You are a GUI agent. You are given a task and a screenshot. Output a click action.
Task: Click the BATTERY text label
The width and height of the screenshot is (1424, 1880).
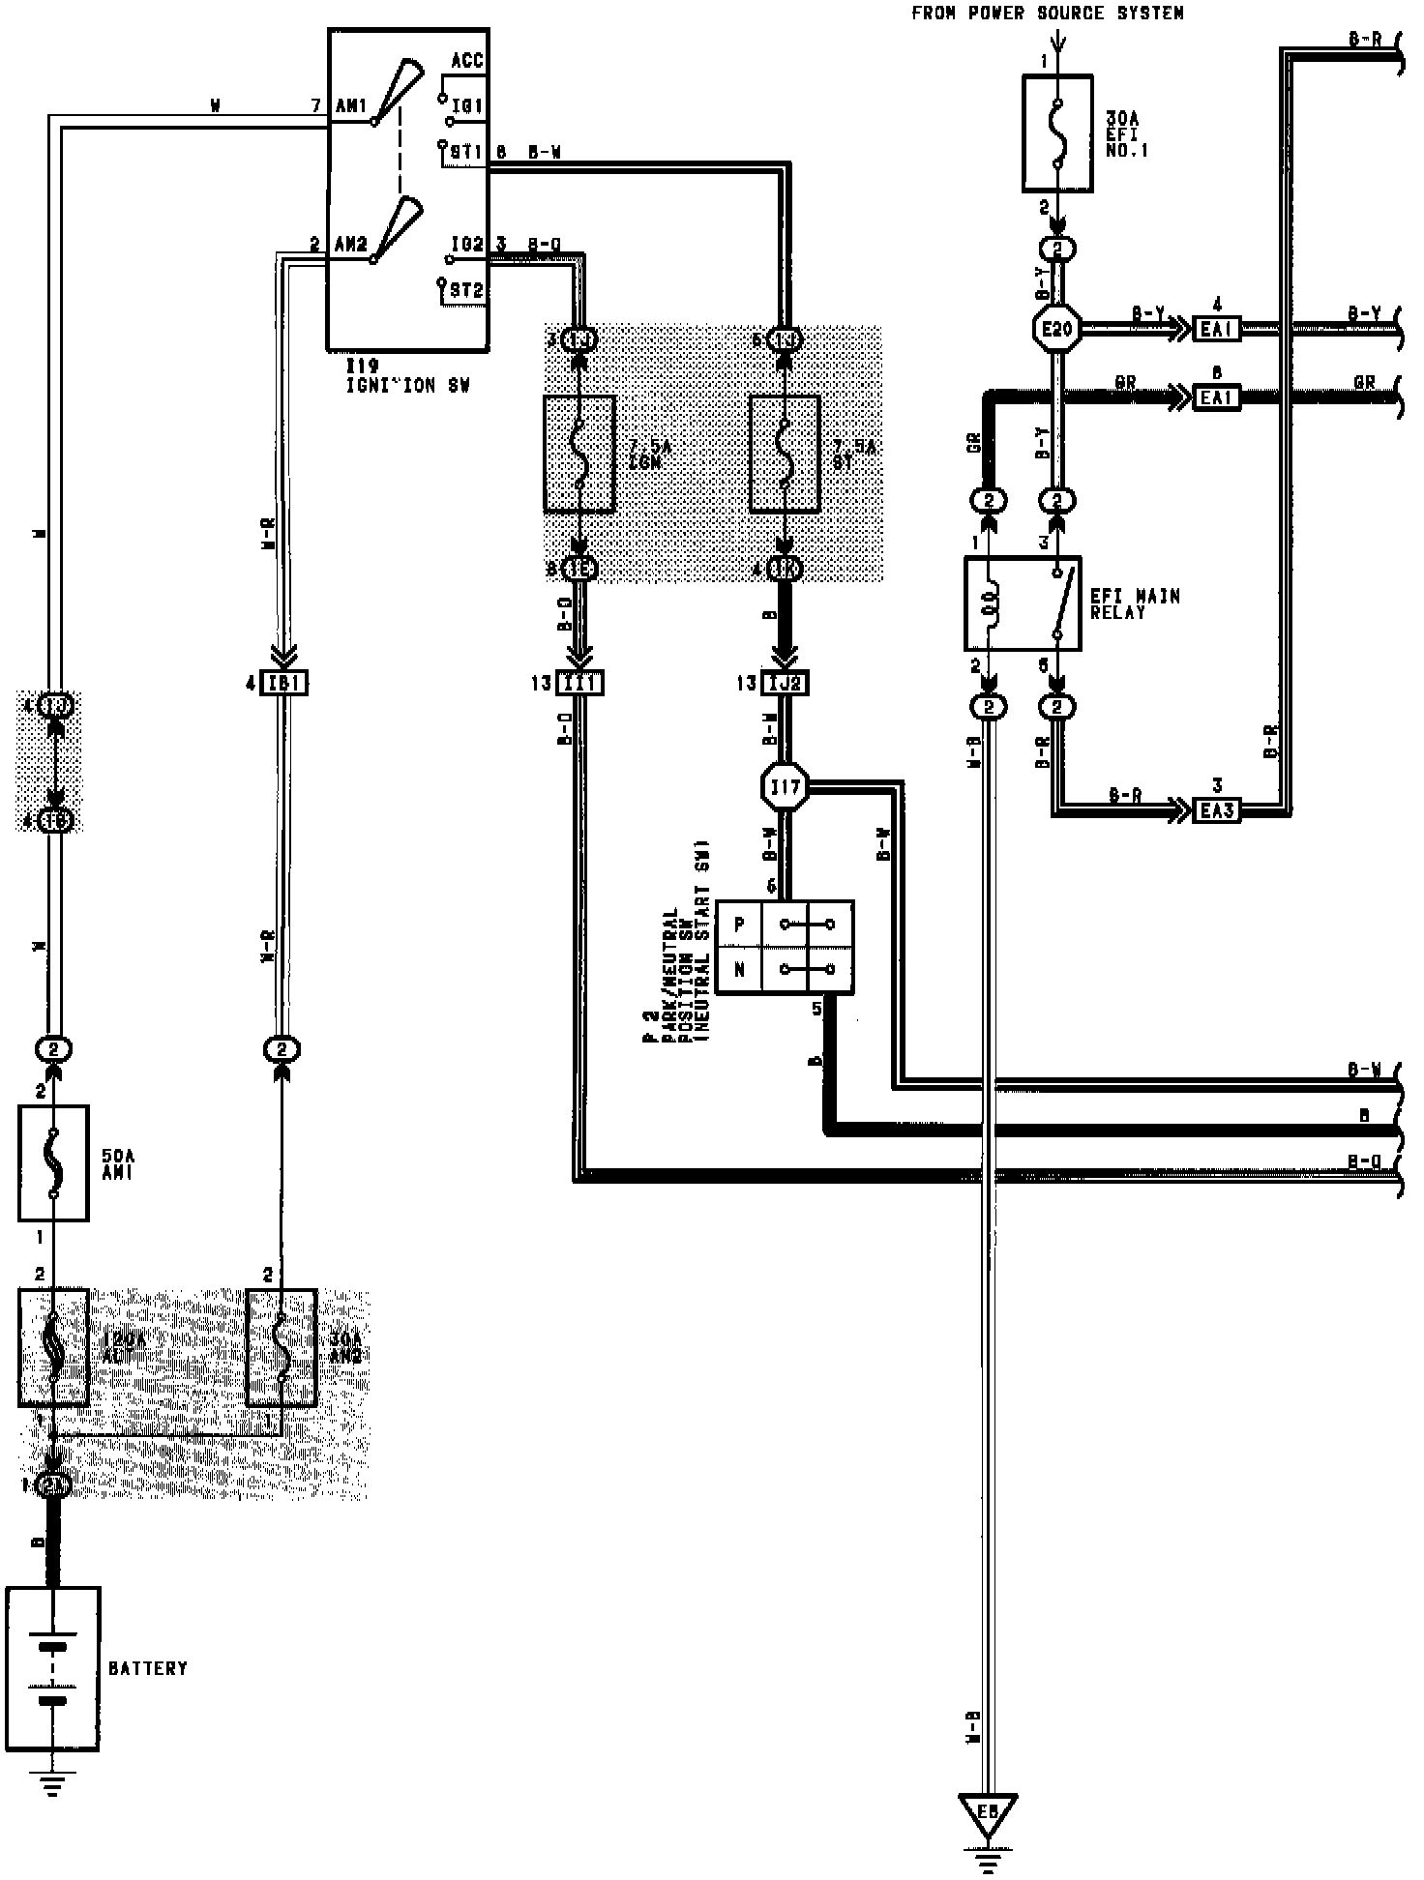tap(147, 1668)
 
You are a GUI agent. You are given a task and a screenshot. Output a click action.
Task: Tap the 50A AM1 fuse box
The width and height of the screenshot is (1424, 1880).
tap(53, 1163)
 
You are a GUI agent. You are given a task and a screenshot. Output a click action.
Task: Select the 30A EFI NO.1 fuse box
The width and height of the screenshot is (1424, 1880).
tap(1057, 133)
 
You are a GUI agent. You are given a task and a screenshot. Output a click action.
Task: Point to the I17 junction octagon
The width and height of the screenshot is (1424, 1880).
tap(786, 788)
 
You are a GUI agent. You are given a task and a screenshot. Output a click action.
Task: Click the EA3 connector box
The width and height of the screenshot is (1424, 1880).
tap(1217, 809)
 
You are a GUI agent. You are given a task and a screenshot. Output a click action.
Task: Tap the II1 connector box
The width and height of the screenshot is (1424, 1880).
tap(580, 684)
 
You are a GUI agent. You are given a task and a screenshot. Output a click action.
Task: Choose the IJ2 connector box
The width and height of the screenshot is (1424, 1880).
tap(785, 684)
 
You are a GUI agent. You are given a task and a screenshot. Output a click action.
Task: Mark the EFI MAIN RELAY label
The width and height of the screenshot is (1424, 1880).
tap(1135, 603)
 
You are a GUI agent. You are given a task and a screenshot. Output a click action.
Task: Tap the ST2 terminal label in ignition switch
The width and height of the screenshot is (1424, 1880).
tap(466, 288)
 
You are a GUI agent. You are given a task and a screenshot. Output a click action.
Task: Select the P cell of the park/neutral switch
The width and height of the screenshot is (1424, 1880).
tap(739, 925)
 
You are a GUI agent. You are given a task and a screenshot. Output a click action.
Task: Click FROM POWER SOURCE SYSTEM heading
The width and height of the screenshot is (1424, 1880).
tap(1047, 14)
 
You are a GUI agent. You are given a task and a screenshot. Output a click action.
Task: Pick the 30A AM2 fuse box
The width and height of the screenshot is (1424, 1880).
tap(282, 1348)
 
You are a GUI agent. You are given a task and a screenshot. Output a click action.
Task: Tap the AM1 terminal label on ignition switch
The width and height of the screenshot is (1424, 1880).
tap(350, 106)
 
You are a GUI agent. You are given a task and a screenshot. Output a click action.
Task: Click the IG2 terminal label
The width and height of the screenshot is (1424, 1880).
tap(467, 245)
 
